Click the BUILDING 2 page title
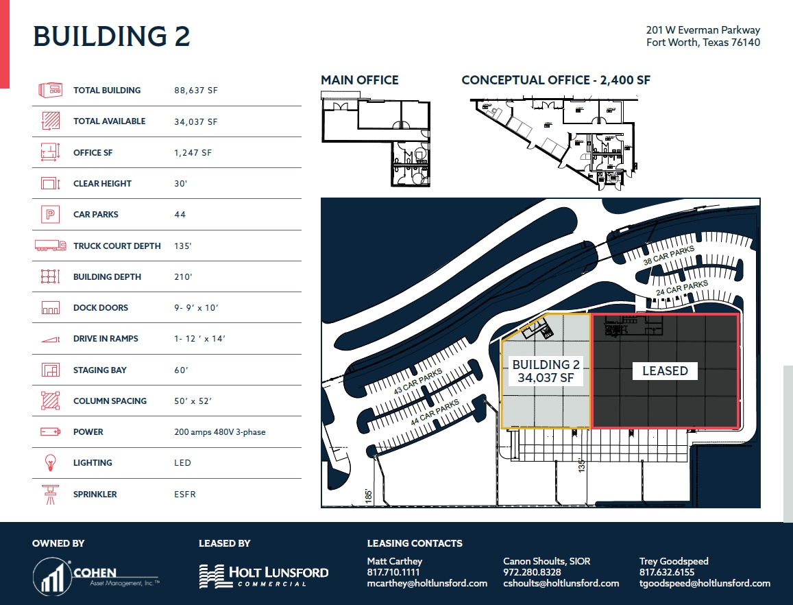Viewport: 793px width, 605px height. point(111,36)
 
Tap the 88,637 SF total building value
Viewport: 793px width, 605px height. point(195,90)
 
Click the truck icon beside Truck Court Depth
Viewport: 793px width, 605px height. point(50,246)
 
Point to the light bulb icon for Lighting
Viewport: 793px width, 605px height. point(50,463)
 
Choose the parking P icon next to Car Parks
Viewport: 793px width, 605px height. point(50,215)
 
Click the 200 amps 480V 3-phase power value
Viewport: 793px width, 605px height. point(219,432)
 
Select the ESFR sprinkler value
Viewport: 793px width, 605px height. point(184,494)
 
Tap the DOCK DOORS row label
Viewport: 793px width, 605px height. point(100,308)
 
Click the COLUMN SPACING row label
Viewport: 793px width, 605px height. point(110,401)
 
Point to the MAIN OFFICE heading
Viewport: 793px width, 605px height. point(359,80)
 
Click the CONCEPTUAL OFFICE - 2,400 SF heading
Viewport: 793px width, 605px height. point(555,80)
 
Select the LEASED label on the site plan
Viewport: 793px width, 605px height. point(664,371)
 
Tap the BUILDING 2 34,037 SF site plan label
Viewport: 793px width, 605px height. point(546,371)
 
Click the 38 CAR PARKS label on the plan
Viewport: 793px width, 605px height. point(668,256)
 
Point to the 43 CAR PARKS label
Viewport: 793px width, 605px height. point(418,382)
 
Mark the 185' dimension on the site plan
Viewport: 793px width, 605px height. point(369,495)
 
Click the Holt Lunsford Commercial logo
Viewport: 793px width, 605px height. point(263,576)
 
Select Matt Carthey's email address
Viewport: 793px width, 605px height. point(427,583)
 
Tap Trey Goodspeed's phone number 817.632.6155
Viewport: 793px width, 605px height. point(666,572)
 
